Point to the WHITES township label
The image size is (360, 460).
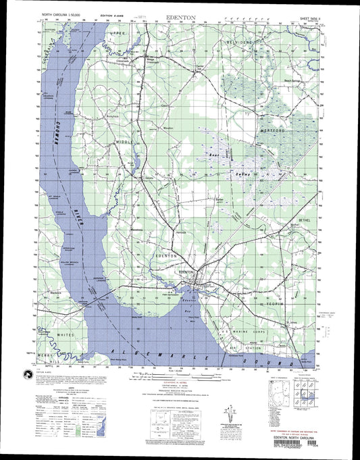point(66,334)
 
